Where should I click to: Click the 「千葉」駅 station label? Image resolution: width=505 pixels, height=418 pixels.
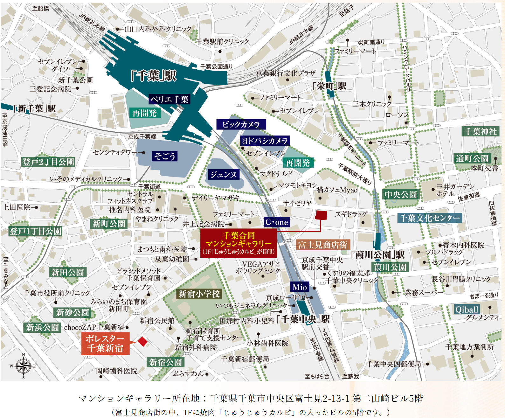click(x=153, y=76)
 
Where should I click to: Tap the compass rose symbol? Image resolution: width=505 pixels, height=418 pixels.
click(x=24, y=366)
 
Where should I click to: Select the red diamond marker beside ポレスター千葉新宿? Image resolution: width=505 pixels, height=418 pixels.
click(x=142, y=342)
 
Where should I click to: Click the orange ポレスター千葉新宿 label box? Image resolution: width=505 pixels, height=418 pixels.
click(x=105, y=343)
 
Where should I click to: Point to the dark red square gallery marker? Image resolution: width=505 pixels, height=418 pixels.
click(x=321, y=215)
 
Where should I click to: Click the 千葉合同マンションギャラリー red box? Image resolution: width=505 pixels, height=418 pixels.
click(x=239, y=243)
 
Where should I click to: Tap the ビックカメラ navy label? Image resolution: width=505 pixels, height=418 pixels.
click(x=241, y=124)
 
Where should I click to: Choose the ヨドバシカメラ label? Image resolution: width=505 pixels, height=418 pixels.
click(x=265, y=141)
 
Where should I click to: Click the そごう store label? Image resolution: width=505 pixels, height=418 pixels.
click(x=164, y=156)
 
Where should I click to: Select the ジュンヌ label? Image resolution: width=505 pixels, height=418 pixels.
click(x=223, y=174)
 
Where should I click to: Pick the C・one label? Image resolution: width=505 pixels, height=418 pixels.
click(x=277, y=222)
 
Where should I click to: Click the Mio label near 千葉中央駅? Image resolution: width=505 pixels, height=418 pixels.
click(x=300, y=287)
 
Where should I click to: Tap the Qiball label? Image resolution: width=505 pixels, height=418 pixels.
click(x=467, y=310)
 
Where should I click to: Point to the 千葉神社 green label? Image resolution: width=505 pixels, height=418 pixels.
click(x=480, y=131)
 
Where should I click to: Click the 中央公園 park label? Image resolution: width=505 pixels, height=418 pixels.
click(x=400, y=194)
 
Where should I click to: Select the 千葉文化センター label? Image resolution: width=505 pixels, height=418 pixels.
click(x=429, y=218)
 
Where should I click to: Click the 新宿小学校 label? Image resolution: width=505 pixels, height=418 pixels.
click(x=199, y=294)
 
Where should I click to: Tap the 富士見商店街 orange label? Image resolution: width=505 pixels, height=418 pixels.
click(x=323, y=245)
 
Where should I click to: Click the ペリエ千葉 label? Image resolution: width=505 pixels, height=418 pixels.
click(x=169, y=99)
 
